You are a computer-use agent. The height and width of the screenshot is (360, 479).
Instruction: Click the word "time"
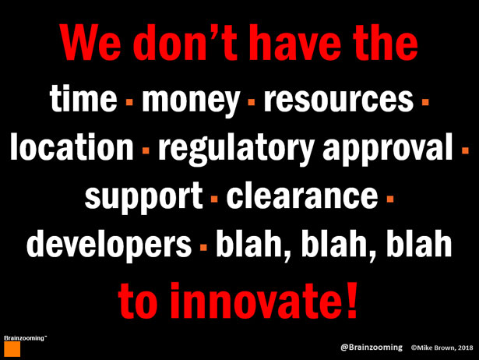click(x=83, y=98)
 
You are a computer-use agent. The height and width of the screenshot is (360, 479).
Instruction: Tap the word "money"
click(x=191, y=101)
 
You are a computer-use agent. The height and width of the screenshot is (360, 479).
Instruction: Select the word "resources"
click(x=339, y=99)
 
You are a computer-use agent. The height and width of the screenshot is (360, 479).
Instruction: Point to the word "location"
click(x=72, y=146)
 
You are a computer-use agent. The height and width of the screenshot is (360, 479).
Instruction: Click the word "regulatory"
click(x=236, y=149)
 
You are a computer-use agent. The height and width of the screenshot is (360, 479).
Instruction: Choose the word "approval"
click(x=388, y=149)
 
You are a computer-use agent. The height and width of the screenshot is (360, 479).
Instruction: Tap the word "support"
click(x=143, y=197)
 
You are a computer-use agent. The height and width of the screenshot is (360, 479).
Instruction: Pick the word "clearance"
click(x=302, y=195)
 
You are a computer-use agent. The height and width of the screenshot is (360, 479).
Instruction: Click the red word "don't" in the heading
click(x=185, y=42)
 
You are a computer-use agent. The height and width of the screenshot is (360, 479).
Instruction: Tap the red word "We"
click(x=90, y=42)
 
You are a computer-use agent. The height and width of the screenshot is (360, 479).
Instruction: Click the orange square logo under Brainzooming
click(x=12, y=349)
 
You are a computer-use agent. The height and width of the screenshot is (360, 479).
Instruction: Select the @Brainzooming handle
click(x=372, y=348)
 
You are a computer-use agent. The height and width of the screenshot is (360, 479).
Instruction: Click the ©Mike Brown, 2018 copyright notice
click(x=442, y=348)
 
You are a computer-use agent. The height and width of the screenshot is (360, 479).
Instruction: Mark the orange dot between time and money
click(x=129, y=102)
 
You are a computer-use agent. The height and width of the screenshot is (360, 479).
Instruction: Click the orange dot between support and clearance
click(x=214, y=199)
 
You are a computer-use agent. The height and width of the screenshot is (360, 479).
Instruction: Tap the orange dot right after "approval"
click(x=465, y=150)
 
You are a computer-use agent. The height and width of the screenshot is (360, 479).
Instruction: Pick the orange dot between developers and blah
click(x=203, y=247)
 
